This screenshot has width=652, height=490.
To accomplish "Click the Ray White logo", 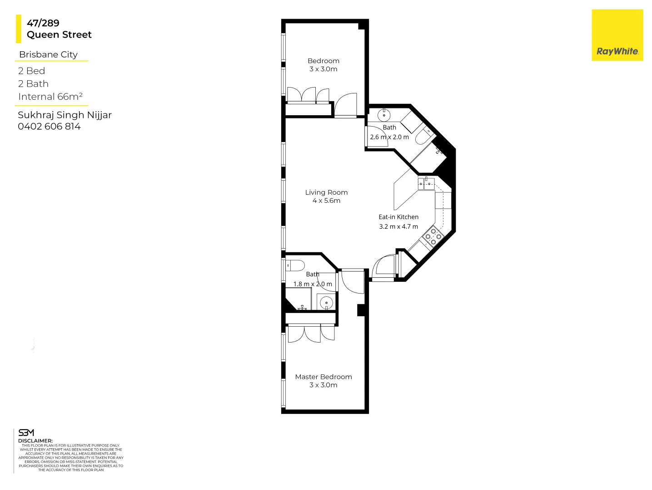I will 617,35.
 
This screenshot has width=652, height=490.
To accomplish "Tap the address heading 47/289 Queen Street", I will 59,29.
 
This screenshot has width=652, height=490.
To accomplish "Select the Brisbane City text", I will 48,54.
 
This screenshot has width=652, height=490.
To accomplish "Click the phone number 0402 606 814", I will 49,127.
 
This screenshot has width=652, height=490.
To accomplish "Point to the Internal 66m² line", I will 50,97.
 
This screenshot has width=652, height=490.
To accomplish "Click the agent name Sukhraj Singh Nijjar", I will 65,115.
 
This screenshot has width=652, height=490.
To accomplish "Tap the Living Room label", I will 326,192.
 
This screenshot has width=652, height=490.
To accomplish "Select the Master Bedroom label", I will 323,377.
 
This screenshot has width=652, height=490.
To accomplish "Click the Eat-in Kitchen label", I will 398,217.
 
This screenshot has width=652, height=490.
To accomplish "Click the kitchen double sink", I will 426,184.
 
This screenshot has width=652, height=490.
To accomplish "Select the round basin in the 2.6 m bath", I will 384,115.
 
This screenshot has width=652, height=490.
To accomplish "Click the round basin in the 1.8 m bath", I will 326,303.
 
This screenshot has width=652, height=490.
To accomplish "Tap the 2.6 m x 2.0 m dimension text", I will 389,137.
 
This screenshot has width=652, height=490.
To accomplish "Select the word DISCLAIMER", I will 35,441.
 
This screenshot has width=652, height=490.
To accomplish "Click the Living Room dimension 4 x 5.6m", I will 326,201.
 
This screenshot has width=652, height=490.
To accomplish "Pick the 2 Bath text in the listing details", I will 33,84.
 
